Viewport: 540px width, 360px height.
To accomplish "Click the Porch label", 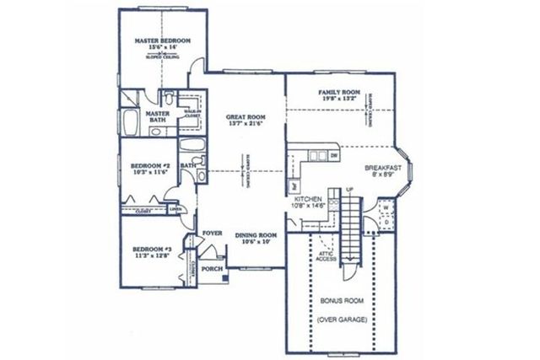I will pos(213,269).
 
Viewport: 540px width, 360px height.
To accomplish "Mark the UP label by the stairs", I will pos(348,189).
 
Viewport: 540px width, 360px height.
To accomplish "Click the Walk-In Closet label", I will pos(192,114).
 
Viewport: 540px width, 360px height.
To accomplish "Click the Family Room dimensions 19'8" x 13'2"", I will pos(340,99).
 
